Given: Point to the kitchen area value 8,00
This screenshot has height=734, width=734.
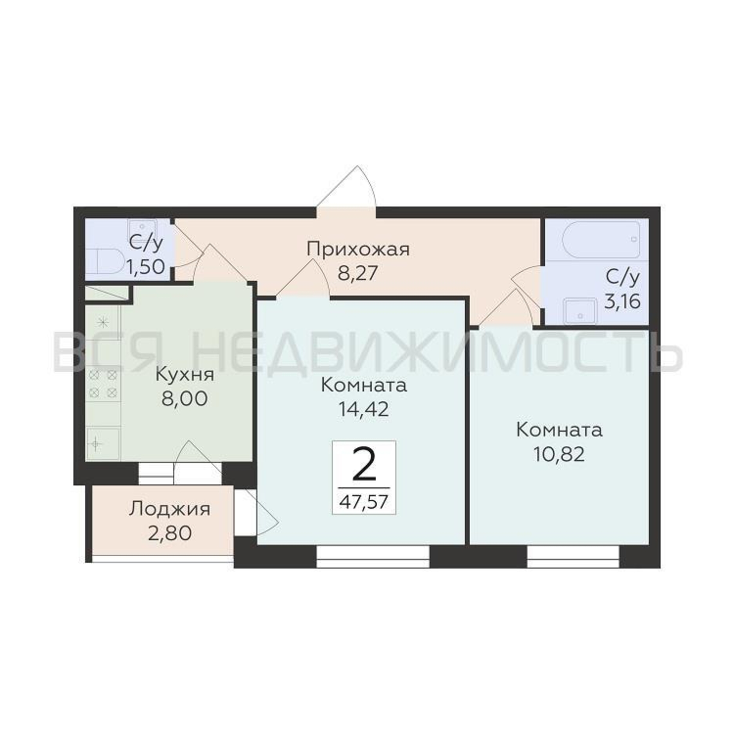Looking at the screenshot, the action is pyautogui.click(x=185, y=399).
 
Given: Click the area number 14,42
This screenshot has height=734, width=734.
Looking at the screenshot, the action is pyautogui.click(x=364, y=409).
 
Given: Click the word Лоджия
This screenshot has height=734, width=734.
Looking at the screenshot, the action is pyautogui.click(x=170, y=509).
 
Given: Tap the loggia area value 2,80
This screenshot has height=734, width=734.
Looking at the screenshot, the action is pyautogui.click(x=170, y=534).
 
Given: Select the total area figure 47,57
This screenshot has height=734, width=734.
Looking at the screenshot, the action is pyautogui.click(x=364, y=502).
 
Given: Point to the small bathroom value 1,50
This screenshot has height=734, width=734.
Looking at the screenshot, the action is pyautogui.click(x=146, y=267).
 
